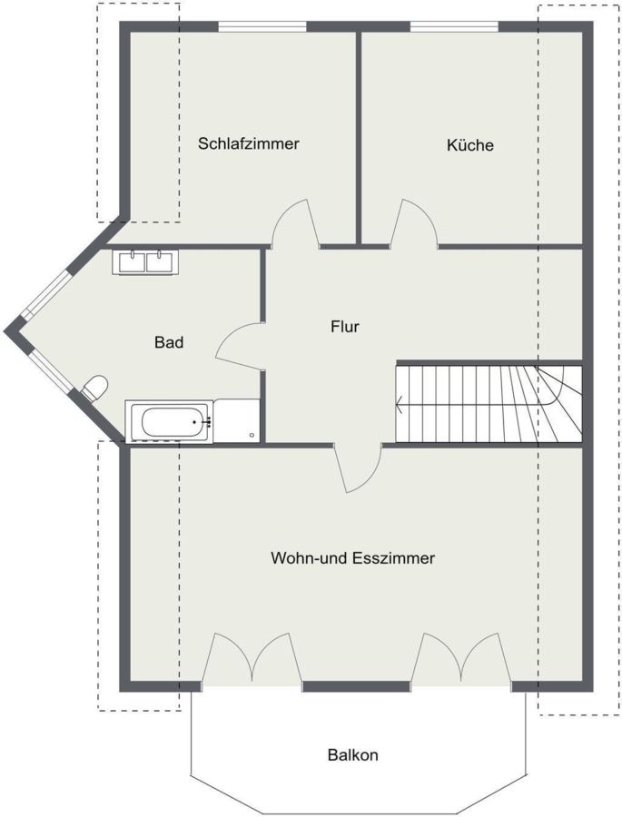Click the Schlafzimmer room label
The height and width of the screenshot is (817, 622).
248,143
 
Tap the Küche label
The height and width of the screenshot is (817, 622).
469,144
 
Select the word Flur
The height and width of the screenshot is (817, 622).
345,327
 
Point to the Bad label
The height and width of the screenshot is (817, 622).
169,342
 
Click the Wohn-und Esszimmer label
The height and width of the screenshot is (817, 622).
353,558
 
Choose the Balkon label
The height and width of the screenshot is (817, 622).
353,754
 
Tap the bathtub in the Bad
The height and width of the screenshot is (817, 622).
169,422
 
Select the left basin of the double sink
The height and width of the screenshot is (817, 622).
133,261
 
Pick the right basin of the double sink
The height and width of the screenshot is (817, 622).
160,261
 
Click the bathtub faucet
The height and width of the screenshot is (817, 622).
205,422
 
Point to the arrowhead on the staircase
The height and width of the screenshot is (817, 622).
400,403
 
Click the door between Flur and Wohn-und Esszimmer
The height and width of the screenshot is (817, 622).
360,468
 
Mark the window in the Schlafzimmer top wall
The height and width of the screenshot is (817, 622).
262,26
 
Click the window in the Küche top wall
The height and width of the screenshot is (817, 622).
454,26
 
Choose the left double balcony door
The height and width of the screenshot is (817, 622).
252,657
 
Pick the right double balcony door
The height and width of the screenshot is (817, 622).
461,657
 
